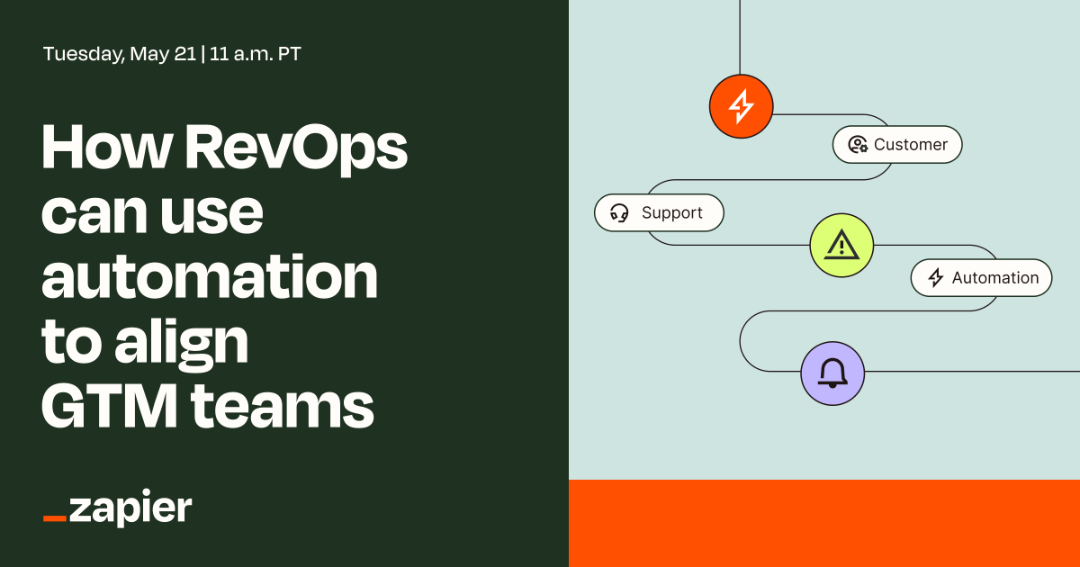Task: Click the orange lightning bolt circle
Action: click(741, 106)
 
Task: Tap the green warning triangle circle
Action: click(841, 245)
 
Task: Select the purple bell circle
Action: click(832, 373)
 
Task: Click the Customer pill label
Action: click(897, 145)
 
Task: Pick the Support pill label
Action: click(659, 213)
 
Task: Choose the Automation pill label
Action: click(981, 278)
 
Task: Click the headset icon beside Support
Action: click(619, 213)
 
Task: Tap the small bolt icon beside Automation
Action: click(936, 278)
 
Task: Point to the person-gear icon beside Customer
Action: click(858, 145)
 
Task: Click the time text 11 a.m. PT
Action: click(256, 54)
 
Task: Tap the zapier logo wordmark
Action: click(130, 508)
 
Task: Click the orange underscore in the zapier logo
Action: click(55, 519)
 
